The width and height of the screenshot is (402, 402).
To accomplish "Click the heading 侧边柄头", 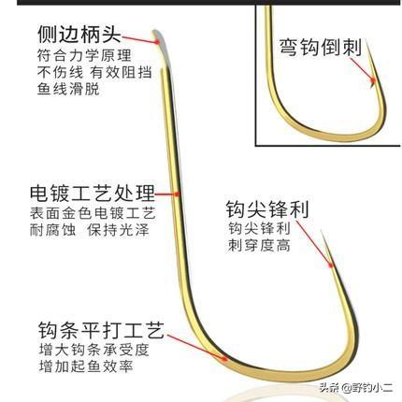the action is coord(79,34).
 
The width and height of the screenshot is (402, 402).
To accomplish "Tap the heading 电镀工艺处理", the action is coord(93,194).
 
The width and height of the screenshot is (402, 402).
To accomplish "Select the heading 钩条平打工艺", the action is coord(101,330).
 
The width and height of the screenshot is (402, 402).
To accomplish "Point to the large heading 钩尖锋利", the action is coord(267,209).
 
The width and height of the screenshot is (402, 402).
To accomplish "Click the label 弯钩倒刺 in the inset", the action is coord(320,48).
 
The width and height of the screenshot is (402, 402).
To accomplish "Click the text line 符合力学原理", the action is coord(84,56).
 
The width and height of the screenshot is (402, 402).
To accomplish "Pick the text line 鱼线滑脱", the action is coord(68,89).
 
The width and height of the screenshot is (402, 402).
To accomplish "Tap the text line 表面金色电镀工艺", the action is coord(93,213).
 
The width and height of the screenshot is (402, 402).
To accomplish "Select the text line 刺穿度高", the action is coord(259,245).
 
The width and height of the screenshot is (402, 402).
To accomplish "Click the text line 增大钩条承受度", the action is coord(93,350).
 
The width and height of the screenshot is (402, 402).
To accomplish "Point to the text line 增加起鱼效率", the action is coord(86,366).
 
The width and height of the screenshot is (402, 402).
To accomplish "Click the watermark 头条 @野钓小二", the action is coord(355,388).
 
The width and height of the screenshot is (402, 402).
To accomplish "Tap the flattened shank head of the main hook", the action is coord(157,37).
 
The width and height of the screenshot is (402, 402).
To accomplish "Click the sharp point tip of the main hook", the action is coord(323,231).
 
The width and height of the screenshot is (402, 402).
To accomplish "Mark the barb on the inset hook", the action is coord(372,83).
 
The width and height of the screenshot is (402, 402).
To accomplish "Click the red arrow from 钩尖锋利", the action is coord(315,244).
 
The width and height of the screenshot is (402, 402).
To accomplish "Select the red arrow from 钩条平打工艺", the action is coord(197,348).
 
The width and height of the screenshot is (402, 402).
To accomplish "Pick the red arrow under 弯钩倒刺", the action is coord(362,69).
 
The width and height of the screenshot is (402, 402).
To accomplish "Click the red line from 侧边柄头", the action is coord(140,39).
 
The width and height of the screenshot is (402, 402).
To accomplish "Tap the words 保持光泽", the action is coord(118,230).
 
